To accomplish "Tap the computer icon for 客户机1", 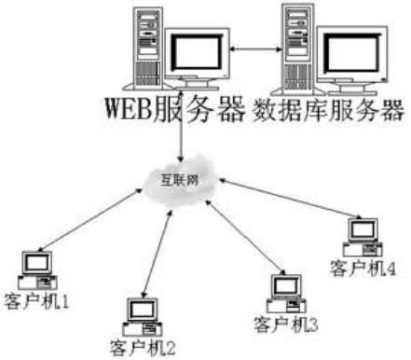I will [37, 270].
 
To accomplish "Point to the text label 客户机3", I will [286, 325].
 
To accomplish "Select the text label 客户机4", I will [363, 268].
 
